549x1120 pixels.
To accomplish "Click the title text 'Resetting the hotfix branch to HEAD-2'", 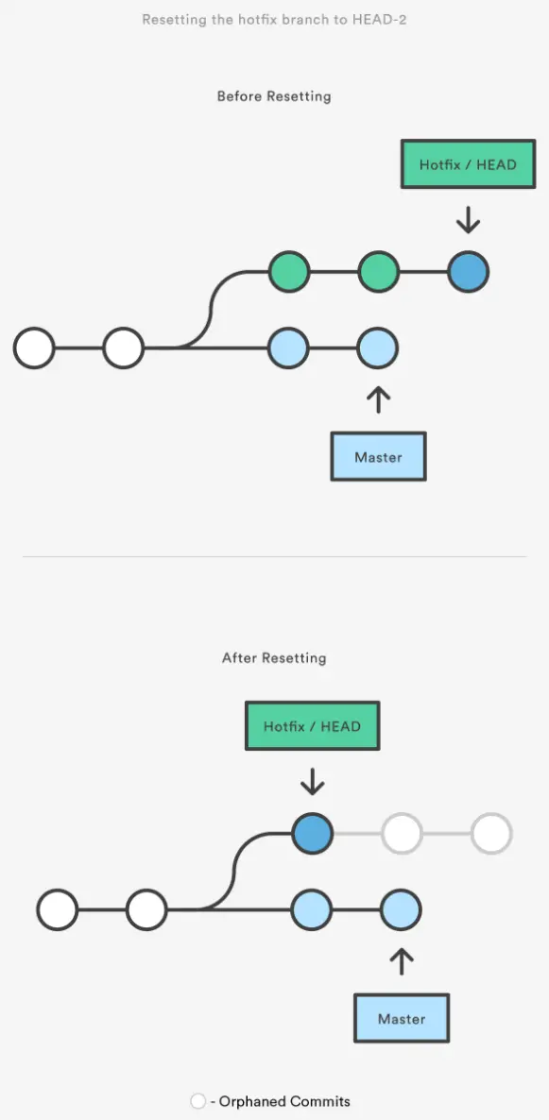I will click(274, 20).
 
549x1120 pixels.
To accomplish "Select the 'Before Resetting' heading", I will click(274, 96).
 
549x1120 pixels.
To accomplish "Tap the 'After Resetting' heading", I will click(274, 657).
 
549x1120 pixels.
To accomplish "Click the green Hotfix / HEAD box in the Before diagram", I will click(468, 164).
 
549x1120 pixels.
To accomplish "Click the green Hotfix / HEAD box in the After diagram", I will click(312, 726).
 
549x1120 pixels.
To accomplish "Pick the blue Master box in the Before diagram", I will click(378, 457).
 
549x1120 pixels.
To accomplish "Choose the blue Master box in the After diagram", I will click(402, 1019).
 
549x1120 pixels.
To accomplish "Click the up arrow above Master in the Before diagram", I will click(378, 399).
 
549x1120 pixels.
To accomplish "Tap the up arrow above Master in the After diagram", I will click(402, 960).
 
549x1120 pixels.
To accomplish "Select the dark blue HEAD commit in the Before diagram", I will click(468, 272).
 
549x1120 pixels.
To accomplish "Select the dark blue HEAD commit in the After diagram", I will click(312, 834).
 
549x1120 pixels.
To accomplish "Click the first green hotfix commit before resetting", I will click(289, 272).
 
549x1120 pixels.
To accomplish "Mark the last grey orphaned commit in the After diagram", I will click(491, 834).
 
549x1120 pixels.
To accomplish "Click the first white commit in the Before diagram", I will click(34, 348).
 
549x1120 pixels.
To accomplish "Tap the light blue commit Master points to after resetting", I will click(402, 910).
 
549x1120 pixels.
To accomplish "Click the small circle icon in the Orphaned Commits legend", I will click(198, 1101).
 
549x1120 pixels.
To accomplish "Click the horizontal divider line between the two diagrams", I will click(274, 556).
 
